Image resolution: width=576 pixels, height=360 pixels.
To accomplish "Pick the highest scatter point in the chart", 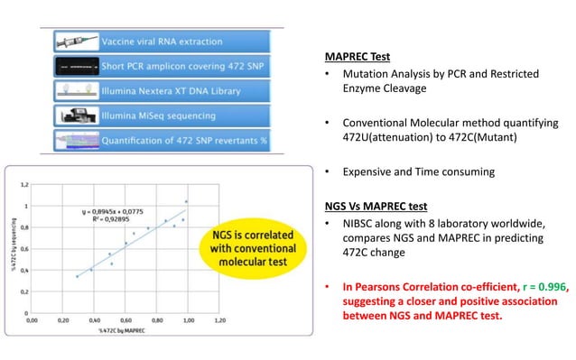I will (186, 201).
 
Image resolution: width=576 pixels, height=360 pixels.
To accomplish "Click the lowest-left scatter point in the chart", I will (78, 275).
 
